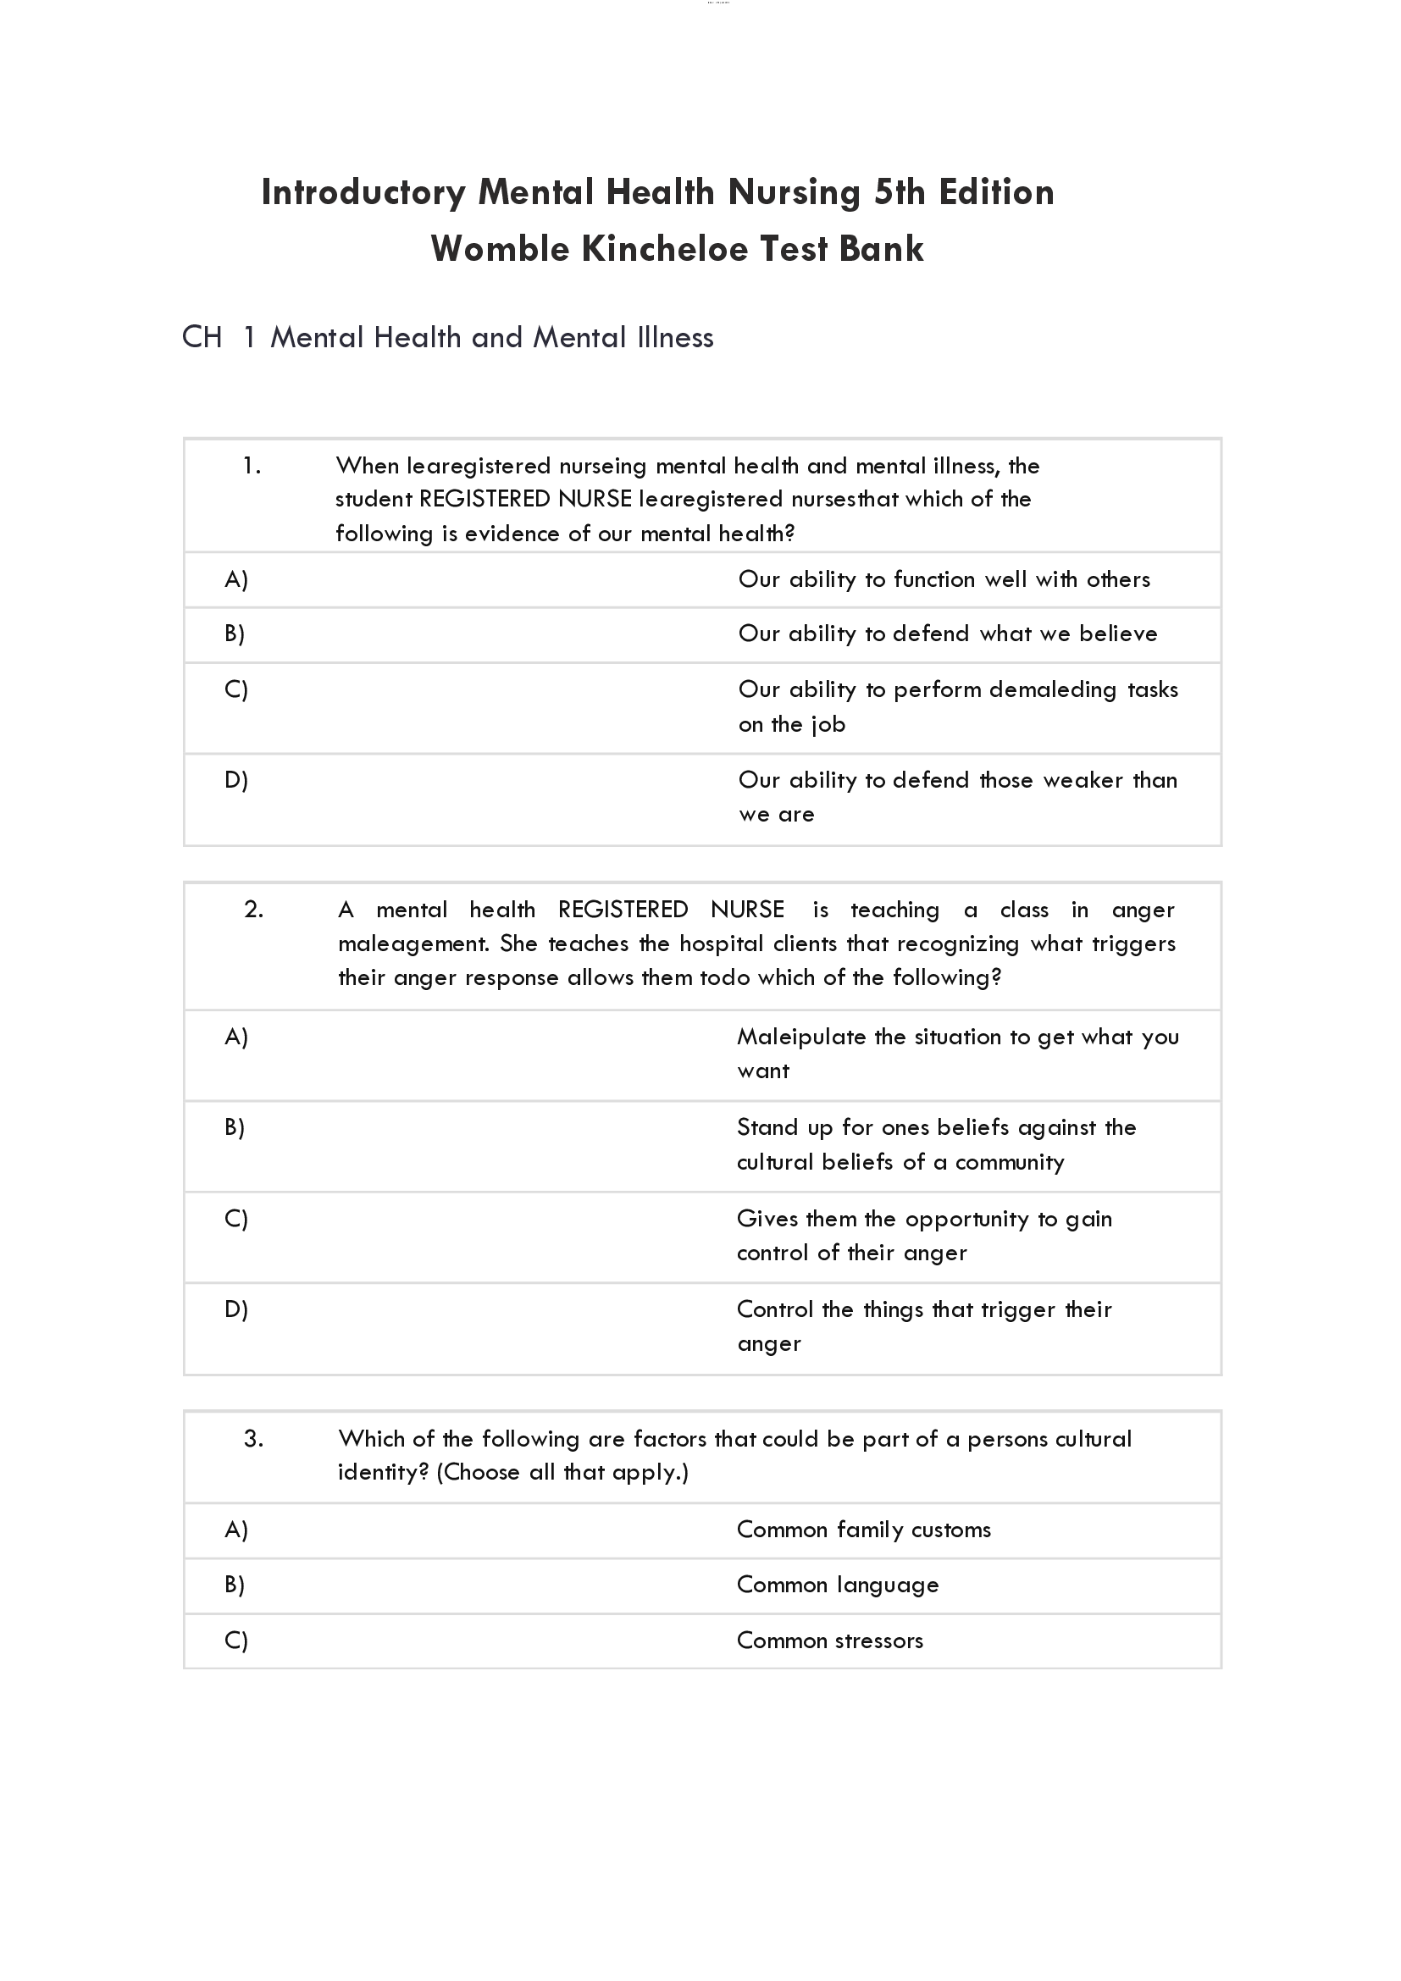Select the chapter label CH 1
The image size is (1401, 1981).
(219, 337)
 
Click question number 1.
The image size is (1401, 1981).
(251, 467)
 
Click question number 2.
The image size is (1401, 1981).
(253, 910)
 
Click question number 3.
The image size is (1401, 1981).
(253, 1438)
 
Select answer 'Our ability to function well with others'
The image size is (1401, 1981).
(944, 580)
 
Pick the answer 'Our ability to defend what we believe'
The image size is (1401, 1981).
(947, 634)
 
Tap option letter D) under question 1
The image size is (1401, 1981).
(235, 780)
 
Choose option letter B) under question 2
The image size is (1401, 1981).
(235, 1127)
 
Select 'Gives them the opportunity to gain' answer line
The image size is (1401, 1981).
(924, 1219)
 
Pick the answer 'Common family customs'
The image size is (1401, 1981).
(863, 1530)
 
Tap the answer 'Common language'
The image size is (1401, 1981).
(837, 1585)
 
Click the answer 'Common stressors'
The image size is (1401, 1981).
(829, 1641)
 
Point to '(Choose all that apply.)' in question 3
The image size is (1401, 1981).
(562, 1473)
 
